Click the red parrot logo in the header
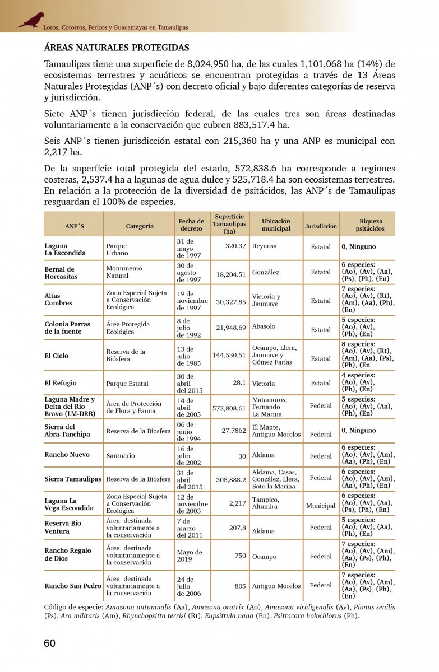pos(31,20)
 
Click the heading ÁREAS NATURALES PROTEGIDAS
pos(117,48)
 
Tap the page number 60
pos(49,643)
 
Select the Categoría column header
pos(140,226)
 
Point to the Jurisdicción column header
pos(321,226)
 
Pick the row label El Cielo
pos(57,356)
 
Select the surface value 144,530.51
pos(229,355)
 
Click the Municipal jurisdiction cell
pos(321,506)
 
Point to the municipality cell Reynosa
pos(264,246)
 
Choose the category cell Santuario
pos(121,456)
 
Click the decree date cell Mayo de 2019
pos(189,556)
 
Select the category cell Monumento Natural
pos(124,272)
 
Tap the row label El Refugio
pos(61,384)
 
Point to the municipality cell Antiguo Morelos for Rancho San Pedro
pos(276,586)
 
